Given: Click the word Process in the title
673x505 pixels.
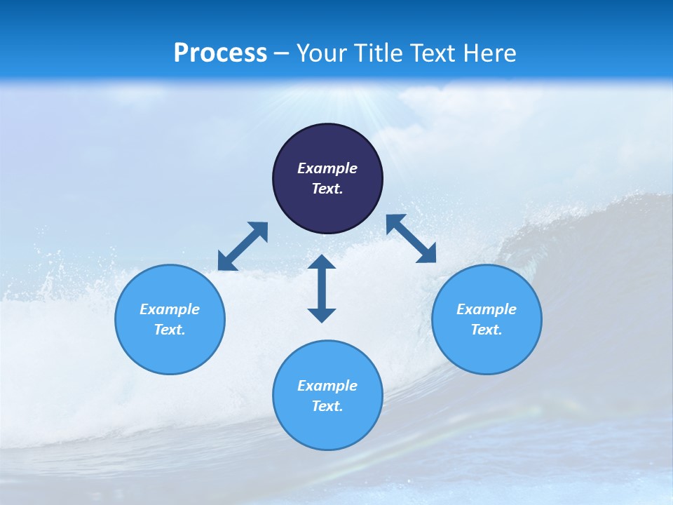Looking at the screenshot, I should [x=220, y=53].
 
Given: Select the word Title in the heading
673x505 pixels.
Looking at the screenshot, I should [x=381, y=53].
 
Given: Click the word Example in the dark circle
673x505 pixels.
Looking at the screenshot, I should [x=327, y=168].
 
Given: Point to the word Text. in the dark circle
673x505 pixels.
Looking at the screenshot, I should [x=327, y=189].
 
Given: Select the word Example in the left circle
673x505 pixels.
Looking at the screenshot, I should [x=170, y=309].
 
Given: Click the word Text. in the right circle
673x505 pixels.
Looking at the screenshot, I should [x=487, y=330].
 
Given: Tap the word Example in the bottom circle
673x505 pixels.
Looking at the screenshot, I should [x=327, y=386].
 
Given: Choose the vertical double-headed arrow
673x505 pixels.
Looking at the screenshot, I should [x=322, y=288].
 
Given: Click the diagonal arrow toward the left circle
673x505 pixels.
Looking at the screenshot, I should [x=243, y=246].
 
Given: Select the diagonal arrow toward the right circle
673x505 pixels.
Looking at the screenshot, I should [x=411, y=238].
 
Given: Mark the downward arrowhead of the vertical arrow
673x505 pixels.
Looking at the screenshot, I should [x=322, y=314].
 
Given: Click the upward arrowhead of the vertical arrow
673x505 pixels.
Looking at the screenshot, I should [x=322, y=262].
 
